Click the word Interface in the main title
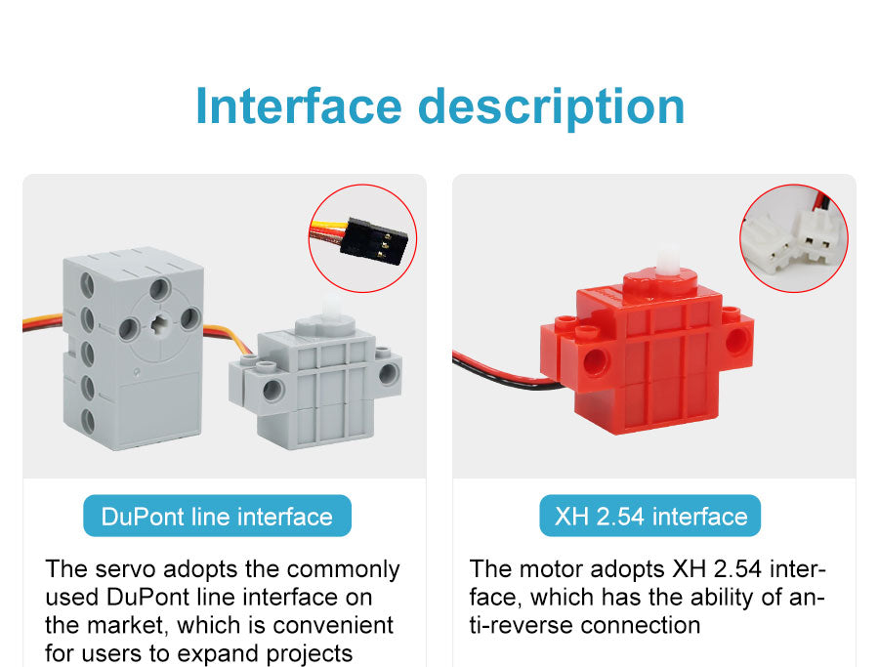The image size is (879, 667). [299, 105]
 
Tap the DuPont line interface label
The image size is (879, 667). [217, 516]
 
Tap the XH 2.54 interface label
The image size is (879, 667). [650, 516]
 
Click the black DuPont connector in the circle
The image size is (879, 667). [377, 241]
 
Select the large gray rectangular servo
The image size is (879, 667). [133, 348]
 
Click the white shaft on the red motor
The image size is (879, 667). [666, 260]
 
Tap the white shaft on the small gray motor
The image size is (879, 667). [331, 310]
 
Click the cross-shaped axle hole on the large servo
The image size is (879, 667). [160, 323]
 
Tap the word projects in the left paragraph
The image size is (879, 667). [310, 654]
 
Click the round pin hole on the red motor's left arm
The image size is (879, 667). [595, 360]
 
